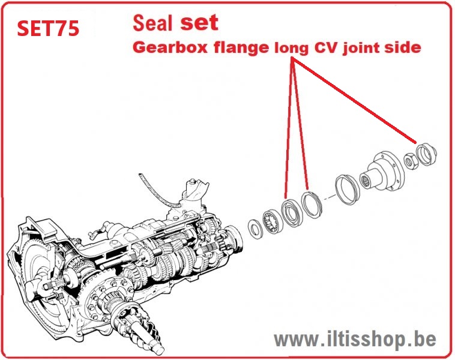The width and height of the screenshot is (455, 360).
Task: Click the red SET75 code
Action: [x=48, y=28]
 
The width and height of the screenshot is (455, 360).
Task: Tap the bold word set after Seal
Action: [x=199, y=22]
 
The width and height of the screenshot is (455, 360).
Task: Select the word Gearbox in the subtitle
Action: [x=170, y=47]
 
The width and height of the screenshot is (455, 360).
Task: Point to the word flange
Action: [x=242, y=47]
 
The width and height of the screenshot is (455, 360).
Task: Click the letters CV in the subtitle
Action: [x=325, y=47]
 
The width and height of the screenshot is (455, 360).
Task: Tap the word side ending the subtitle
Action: [x=403, y=47]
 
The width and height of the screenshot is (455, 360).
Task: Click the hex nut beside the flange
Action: [x=410, y=161]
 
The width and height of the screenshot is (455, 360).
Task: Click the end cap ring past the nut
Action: [x=426, y=155]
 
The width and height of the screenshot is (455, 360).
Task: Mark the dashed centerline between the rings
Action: [x=328, y=198]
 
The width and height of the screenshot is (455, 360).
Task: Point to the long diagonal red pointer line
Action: [x=355, y=100]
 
